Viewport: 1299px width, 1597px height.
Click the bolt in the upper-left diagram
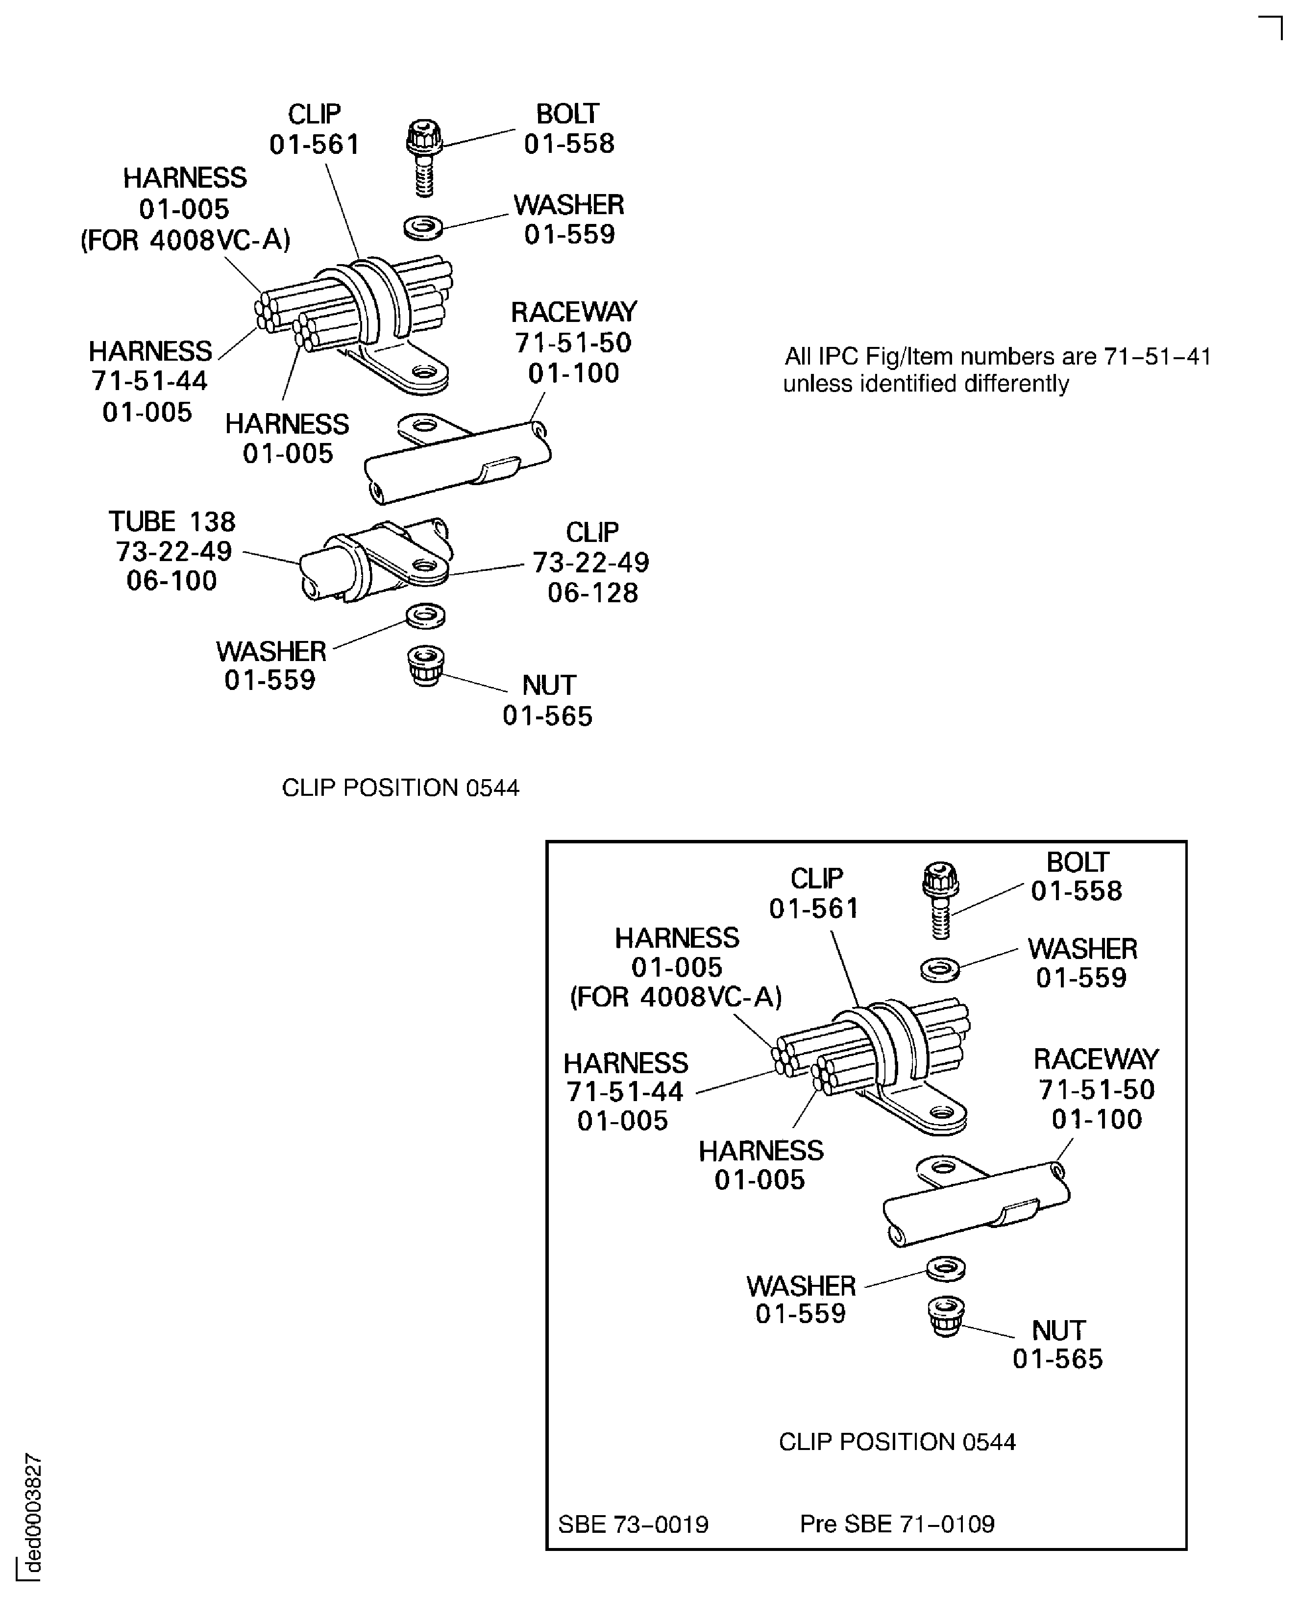424,158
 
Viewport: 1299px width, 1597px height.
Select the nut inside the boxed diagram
946,1316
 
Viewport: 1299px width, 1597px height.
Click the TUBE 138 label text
172,521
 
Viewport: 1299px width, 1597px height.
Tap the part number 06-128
592,593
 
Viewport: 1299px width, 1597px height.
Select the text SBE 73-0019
633,1524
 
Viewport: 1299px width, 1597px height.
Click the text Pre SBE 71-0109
897,1524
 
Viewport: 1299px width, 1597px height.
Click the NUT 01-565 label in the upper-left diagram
548,700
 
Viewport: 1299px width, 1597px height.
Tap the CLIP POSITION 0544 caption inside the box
897,1441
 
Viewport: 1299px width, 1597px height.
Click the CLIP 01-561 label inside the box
815,893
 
